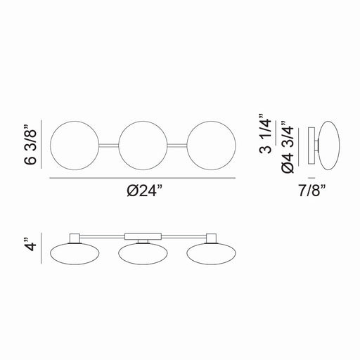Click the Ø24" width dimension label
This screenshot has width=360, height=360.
145,191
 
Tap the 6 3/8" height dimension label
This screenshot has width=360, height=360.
30,145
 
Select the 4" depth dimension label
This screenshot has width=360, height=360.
30,245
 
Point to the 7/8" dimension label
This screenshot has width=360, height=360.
312,191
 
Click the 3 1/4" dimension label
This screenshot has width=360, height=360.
266,134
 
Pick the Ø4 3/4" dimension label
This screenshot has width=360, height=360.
288,147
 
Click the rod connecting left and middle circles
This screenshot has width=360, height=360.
109,146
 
